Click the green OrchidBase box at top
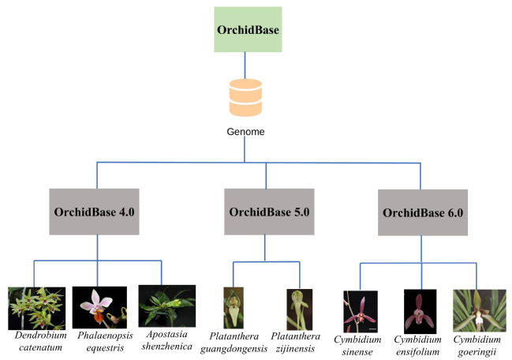click(247, 30)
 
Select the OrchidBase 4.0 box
click(97, 212)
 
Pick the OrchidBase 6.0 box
click(423, 212)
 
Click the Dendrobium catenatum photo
click(36, 308)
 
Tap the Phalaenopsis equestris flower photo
click(99, 309)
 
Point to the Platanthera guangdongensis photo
click(234, 307)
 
